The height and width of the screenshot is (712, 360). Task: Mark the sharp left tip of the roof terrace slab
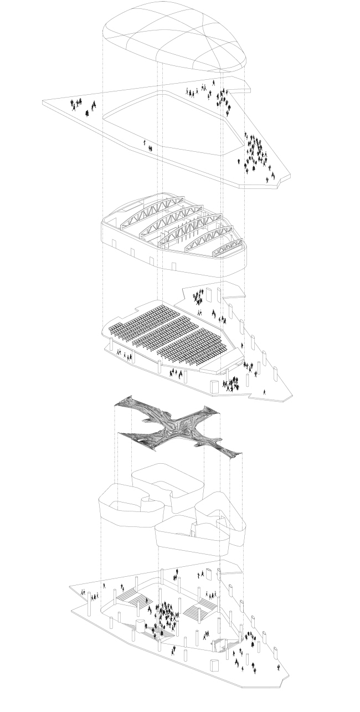[44, 101]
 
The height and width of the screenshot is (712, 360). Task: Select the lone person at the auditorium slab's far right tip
[264, 391]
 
